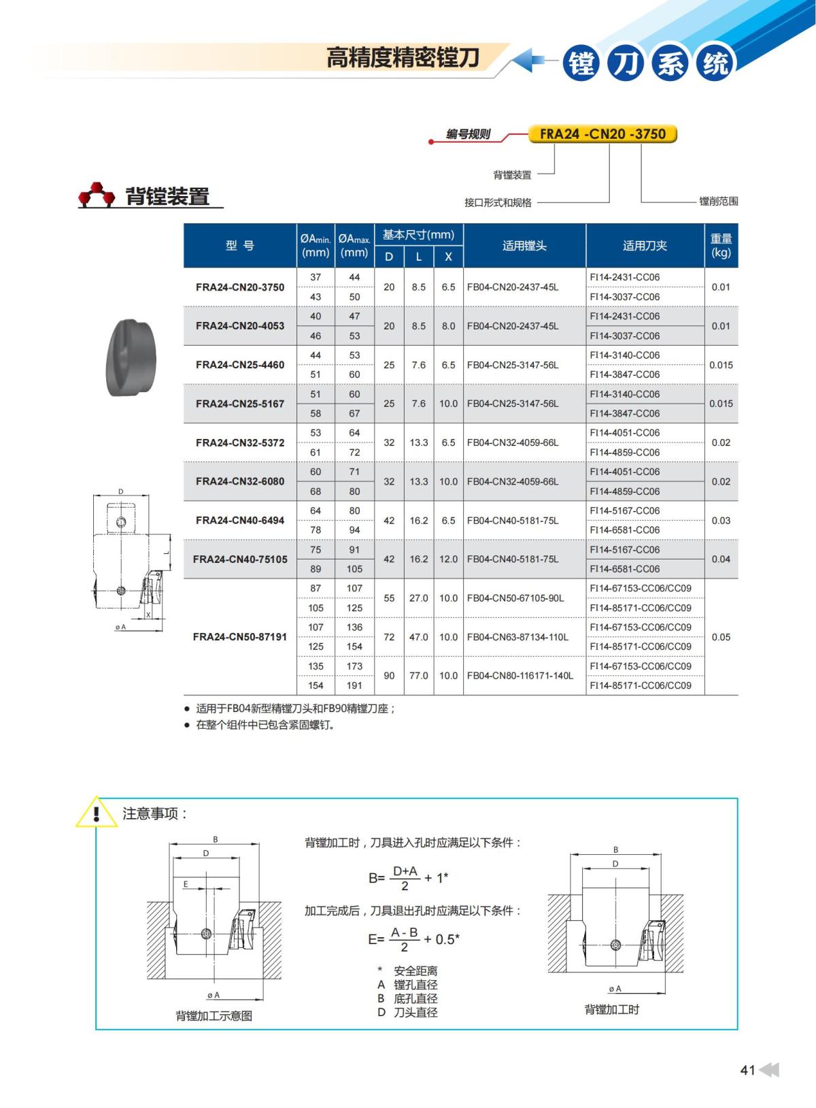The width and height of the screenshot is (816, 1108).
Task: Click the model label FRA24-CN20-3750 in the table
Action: click(x=240, y=287)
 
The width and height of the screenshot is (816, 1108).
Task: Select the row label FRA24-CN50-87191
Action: click(x=240, y=637)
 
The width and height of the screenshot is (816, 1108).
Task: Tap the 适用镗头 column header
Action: click(x=524, y=246)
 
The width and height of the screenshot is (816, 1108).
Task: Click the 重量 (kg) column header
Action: click(x=721, y=246)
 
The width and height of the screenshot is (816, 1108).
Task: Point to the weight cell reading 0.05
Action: click(x=721, y=637)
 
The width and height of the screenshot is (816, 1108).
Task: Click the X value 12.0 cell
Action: click(x=448, y=559)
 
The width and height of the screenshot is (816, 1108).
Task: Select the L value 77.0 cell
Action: click(x=418, y=676)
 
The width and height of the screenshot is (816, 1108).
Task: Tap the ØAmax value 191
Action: click(x=354, y=685)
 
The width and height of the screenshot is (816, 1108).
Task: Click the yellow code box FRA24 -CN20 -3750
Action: click(x=602, y=134)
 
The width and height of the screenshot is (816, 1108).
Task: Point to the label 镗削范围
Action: click(x=718, y=201)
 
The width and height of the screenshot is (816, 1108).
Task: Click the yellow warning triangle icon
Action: click(x=97, y=813)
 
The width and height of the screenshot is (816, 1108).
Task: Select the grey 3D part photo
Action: click(x=131, y=357)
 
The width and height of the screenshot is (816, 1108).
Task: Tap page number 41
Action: click(x=747, y=1070)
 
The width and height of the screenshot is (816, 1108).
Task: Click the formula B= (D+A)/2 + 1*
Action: click(x=408, y=878)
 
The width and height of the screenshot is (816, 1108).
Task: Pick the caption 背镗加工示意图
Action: click(x=214, y=1015)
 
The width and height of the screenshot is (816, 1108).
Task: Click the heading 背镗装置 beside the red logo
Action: click(x=167, y=197)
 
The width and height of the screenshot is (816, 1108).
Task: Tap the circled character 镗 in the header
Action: click(x=581, y=64)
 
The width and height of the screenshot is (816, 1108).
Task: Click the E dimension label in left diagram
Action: click(x=185, y=884)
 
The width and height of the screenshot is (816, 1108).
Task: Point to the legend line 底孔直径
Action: click(x=415, y=998)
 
